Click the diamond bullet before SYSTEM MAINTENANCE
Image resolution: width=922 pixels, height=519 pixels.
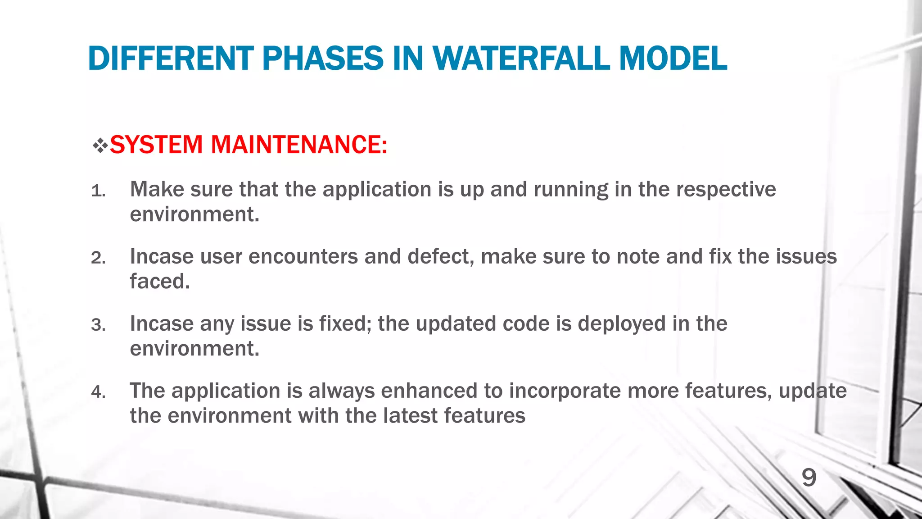pos(100,146)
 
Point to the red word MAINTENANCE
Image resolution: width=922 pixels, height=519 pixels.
pos(298,145)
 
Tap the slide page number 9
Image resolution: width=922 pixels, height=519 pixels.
pos(809,478)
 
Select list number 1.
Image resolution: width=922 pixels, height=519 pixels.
pos(98,191)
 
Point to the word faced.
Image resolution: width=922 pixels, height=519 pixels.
pos(160,281)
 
